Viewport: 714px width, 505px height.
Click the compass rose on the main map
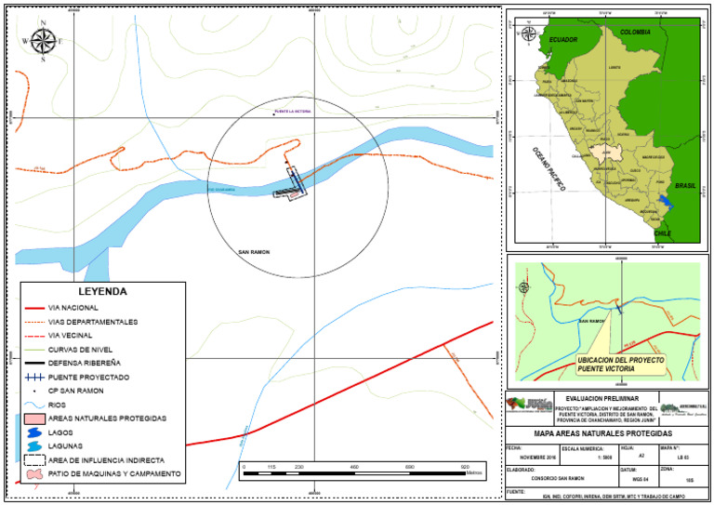[42, 41]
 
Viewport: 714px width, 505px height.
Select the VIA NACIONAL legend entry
[73, 307]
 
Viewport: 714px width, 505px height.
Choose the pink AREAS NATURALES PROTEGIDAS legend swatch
[36, 419]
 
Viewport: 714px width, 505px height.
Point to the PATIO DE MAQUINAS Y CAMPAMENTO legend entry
[113, 474]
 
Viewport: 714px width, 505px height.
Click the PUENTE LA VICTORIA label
[292, 111]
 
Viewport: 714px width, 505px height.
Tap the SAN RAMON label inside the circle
[254, 252]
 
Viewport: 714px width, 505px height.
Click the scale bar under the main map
[363, 473]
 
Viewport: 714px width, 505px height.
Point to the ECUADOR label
[563, 40]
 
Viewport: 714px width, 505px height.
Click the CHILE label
[663, 233]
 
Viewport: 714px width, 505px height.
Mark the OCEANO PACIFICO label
[549, 168]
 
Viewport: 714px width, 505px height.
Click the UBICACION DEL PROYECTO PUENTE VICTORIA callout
[606, 364]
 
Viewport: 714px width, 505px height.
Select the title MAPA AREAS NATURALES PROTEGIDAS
[604, 433]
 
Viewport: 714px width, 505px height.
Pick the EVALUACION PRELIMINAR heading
[604, 397]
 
